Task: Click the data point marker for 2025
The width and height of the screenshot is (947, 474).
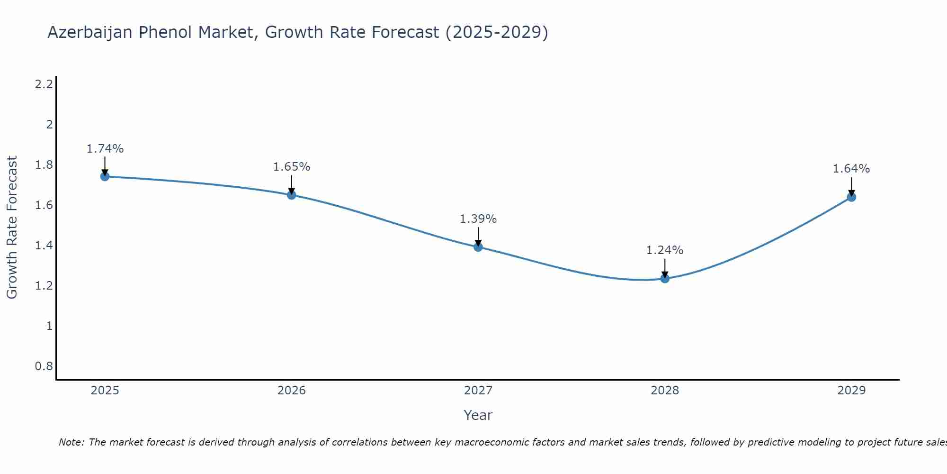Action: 105,176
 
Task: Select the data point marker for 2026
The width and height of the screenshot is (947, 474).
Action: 292,195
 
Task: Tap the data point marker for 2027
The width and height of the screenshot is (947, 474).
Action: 478,247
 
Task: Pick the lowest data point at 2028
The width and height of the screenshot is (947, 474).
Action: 665,278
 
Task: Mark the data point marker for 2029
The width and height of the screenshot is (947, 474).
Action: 851,197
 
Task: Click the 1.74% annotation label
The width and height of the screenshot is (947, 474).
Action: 105,149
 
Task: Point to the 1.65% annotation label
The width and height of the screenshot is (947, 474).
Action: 292,167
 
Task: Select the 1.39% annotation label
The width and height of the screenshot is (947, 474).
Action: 478,219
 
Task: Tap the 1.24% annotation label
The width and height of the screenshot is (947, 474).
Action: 665,250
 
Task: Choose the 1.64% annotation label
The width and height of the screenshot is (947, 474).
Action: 851,169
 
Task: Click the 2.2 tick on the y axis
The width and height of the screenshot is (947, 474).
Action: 44,84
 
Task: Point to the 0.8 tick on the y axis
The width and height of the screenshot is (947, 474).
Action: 44,366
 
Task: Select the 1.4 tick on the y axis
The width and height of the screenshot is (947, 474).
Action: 44,246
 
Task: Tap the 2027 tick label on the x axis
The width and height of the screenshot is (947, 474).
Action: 478,391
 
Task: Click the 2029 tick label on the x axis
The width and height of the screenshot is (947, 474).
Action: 851,391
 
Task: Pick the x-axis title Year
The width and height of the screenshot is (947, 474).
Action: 478,415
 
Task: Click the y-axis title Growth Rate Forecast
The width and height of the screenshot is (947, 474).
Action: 12,228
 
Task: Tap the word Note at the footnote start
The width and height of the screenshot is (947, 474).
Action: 71,442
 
